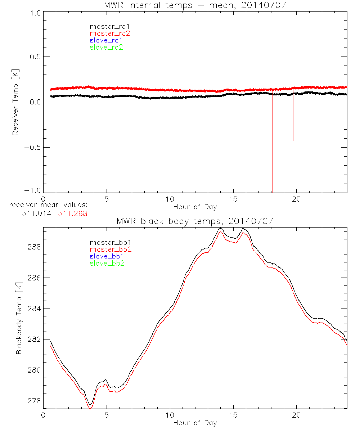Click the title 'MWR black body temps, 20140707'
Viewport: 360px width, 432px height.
point(195,221)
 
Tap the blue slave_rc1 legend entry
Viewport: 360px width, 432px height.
point(105,40)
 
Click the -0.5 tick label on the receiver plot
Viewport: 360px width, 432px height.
point(33,148)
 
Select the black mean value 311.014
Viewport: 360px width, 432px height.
point(35,213)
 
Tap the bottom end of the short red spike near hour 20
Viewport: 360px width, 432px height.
point(293,141)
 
